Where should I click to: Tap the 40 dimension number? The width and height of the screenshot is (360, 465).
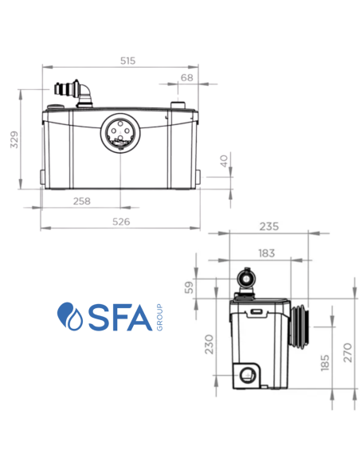[x=224, y=161]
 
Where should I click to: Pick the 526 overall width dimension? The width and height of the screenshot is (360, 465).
[x=121, y=222]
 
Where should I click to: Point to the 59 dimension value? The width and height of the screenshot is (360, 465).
[x=190, y=287]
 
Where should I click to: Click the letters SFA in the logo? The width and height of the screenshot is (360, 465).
[x=115, y=317]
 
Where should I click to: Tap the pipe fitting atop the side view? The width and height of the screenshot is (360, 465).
[x=247, y=279]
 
